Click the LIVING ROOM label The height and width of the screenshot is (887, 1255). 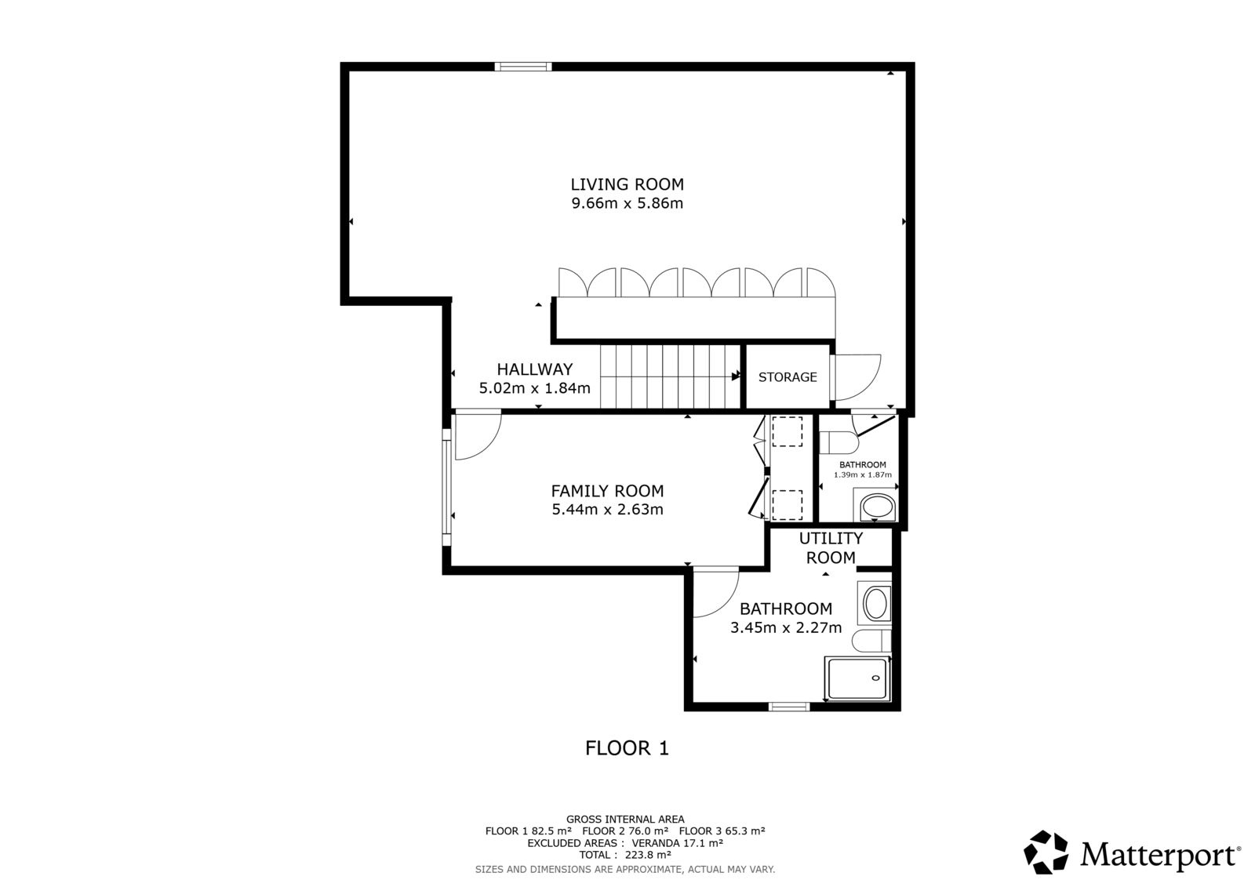point(627,184)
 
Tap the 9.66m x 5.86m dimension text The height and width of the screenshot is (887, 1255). point(627,203)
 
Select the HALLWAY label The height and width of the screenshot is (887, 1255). point(534,369)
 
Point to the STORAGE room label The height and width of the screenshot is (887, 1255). point(788,377)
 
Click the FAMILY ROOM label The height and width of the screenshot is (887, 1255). point(607,491)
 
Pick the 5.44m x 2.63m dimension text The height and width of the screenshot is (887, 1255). point(607,509)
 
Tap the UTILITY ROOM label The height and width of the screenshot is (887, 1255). point(831,548)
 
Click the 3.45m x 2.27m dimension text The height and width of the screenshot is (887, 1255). point(785,627)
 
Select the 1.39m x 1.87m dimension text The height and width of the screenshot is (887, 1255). point(862,474)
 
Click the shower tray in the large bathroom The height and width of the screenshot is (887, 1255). point(857,678)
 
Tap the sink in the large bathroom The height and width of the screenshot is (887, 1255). point(875,603)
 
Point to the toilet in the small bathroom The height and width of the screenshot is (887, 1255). point(838,442)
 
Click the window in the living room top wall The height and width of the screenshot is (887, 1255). point(522,67)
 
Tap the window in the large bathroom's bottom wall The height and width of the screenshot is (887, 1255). point(789,707)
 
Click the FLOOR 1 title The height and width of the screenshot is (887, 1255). point(627,748)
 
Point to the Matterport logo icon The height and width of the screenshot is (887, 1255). point(1046,852)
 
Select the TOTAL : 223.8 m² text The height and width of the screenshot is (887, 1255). point(625,855)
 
